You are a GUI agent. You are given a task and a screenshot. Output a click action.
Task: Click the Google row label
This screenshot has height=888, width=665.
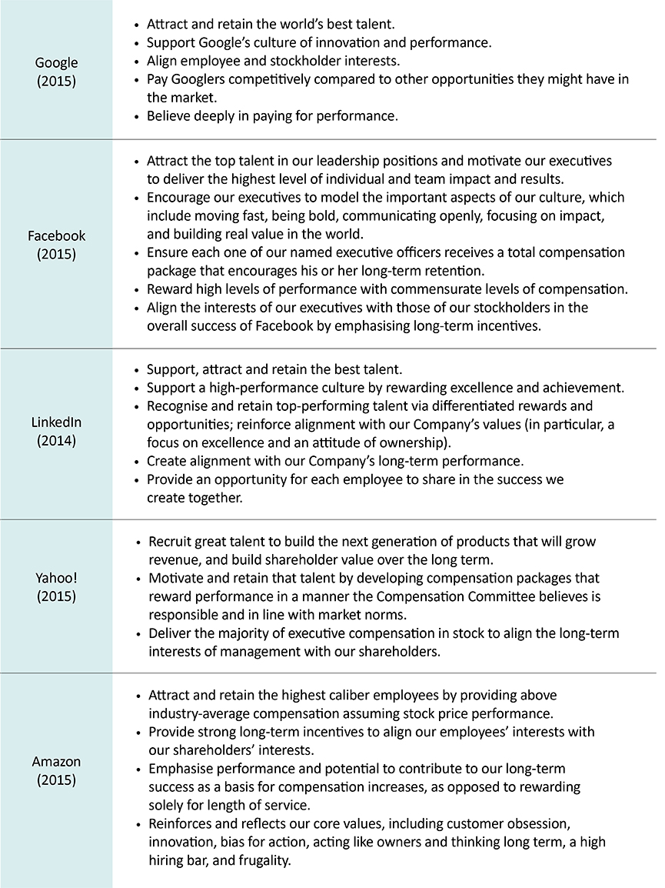click(x=57, y=63)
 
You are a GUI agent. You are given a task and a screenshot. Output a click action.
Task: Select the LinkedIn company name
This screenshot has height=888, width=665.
click(x=56, y=423)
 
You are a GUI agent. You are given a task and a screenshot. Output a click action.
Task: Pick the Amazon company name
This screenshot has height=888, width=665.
click(x=56, y=762)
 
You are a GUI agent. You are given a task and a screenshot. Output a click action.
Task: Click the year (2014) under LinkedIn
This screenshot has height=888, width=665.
click(x=56, y=441)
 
